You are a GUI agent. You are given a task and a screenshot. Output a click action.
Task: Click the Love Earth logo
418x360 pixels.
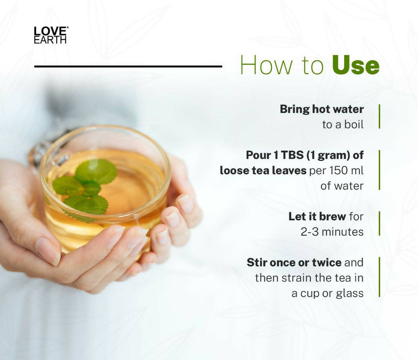(51, 35)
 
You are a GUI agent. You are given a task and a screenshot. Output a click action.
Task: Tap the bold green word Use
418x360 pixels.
(356, 65)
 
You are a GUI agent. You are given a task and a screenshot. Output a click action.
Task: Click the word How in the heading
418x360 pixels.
(260, 65)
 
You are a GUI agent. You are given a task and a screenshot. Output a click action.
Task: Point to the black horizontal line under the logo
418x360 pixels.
(128, 66)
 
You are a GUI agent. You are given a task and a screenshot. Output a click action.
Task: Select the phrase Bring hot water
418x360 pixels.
(322, 109)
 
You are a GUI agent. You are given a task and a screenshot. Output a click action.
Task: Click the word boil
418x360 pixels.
(354, 124)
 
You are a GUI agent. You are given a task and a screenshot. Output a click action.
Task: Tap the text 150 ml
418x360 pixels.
(347, 170)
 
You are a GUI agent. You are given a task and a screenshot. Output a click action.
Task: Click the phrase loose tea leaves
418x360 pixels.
(263, 170)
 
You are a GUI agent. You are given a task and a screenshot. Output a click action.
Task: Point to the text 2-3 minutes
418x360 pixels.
(332, 231)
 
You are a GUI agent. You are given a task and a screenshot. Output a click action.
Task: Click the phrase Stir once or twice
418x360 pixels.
(293, 262)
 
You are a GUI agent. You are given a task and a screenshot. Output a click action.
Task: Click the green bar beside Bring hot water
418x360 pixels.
(379, 116)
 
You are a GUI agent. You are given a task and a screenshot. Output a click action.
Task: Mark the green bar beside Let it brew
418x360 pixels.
(379, 224)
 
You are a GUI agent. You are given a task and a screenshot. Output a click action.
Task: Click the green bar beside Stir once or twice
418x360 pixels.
(379, 277)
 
